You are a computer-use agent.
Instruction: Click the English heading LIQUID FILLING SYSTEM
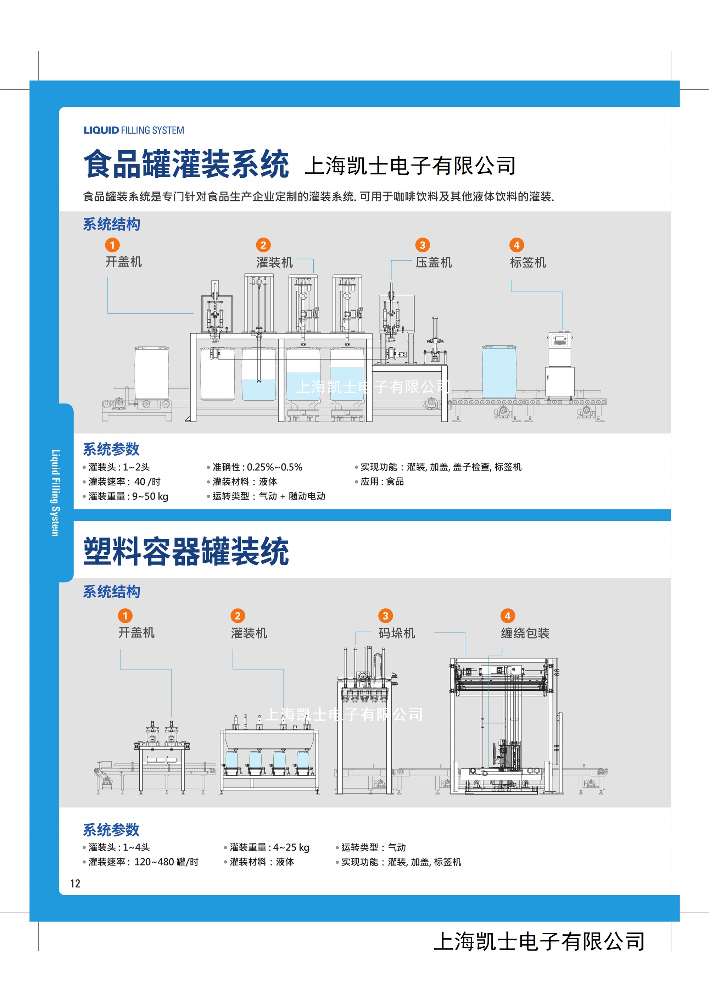pos(134,130)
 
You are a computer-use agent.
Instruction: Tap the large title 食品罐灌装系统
pos(186,164)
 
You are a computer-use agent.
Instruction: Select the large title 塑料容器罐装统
pos(186,551)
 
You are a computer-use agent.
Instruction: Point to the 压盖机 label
pos(434,262)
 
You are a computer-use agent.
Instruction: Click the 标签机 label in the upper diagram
pos(528,262)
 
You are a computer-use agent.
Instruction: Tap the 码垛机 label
pos(397,633)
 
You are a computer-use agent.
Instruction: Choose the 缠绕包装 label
pos(525,633)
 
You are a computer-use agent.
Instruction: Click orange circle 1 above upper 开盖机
pos(112,245)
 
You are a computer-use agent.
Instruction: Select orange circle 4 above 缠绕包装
pos(507,616)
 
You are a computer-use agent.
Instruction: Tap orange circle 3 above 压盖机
pos(422,245)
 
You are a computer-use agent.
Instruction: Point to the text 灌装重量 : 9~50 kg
pos(128,496)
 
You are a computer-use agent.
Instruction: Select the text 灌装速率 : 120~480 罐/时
pos(144,862)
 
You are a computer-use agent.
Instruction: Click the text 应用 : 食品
pos(382,481)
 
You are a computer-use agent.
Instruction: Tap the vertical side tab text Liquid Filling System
pos(55,493)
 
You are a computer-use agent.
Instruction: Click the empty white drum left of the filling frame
pos(151,373)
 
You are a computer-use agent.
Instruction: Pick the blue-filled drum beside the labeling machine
pos(499,372)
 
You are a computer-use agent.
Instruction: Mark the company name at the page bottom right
pos(540,941)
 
